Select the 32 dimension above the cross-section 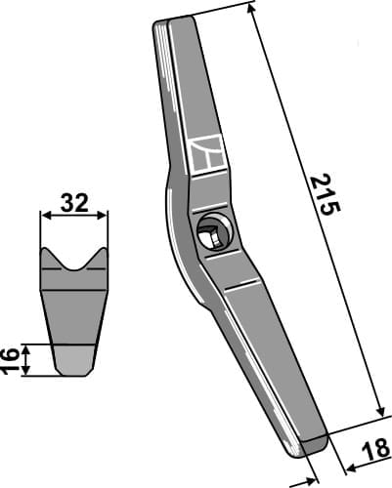(74, 203)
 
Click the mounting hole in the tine (210, 235)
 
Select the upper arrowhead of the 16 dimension (28, 346)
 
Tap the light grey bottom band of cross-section (74, 361)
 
